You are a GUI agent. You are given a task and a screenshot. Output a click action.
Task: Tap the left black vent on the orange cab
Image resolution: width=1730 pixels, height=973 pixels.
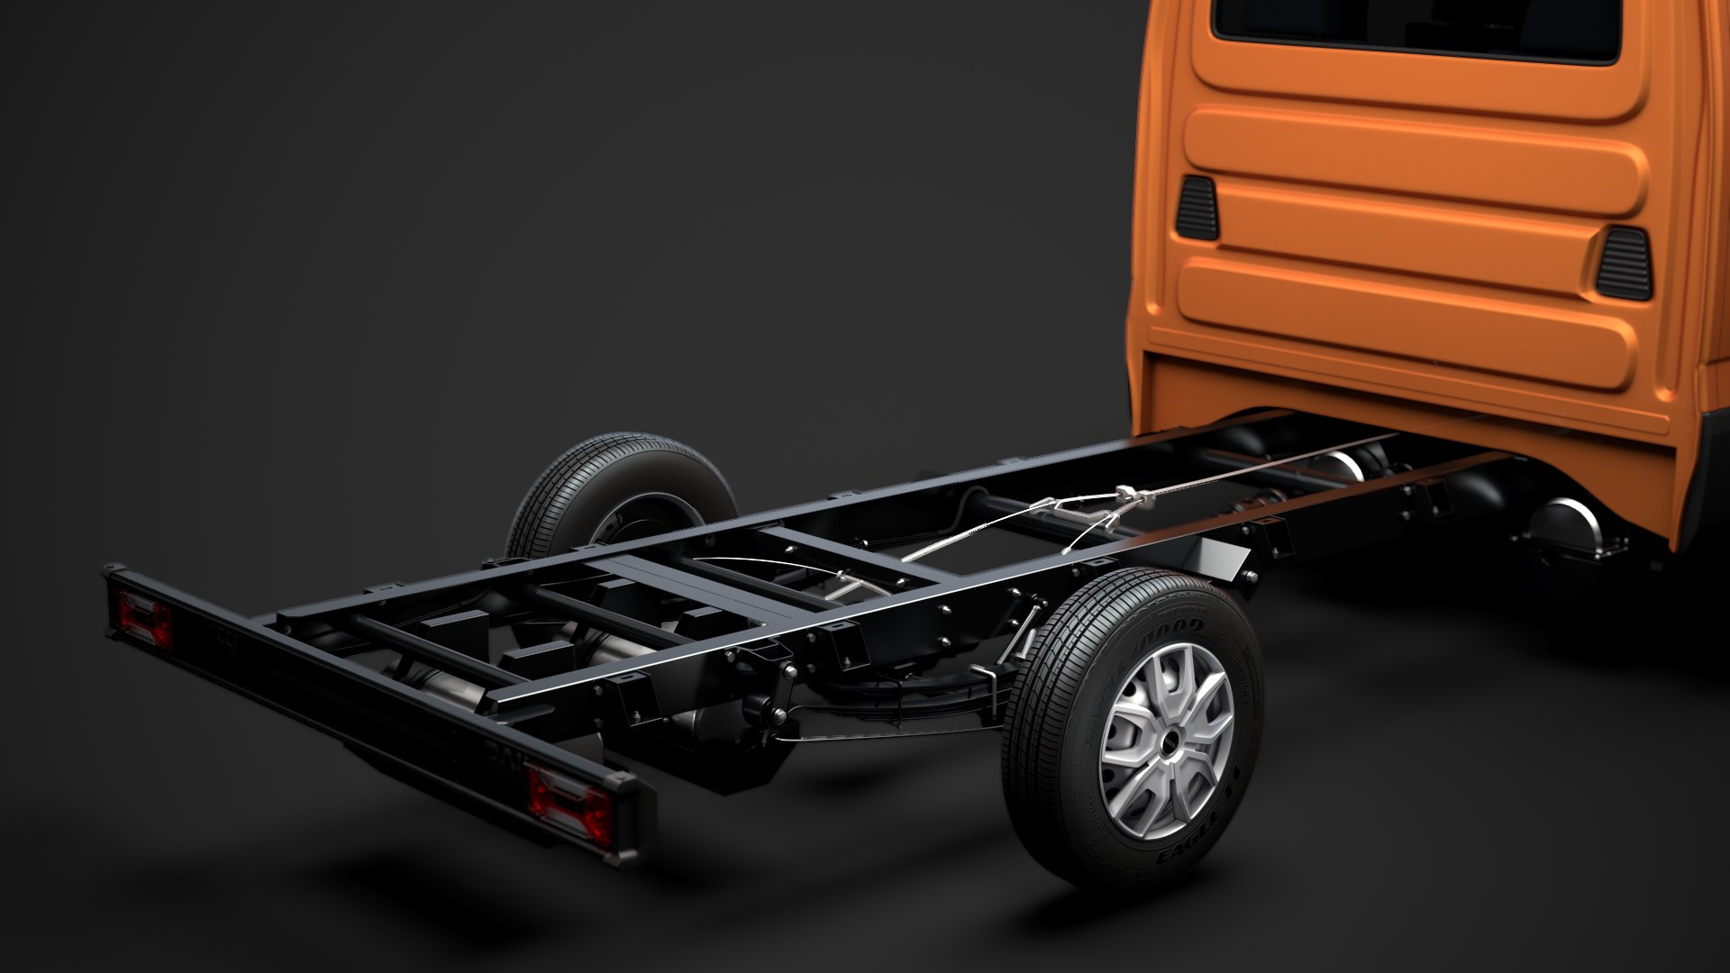pyautogui.click(x=1197, y=208)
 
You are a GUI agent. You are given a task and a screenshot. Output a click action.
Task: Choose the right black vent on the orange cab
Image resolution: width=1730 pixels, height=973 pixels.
pyautogui.click(x=1624, y=263)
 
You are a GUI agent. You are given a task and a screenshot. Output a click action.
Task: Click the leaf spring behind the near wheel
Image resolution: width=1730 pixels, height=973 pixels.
pyautogui.click(x=901, y=703)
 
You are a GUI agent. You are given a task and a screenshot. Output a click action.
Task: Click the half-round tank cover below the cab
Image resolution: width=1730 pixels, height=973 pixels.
pyautogui.click(x=1568, y=532)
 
